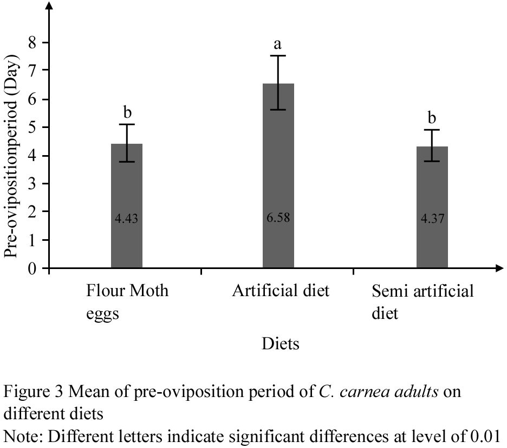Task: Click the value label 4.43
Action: coord(126,219)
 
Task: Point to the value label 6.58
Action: coord(278,219)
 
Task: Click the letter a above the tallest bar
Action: coord(278,43)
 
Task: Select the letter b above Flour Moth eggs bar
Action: coord(128,112)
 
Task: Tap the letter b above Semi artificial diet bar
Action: coord(432,118)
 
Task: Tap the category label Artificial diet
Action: coord(281,291)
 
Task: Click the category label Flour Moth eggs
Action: coord(127,302)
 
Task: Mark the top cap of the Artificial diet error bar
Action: coord(278,56)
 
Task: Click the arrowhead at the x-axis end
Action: coord(496,268)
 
